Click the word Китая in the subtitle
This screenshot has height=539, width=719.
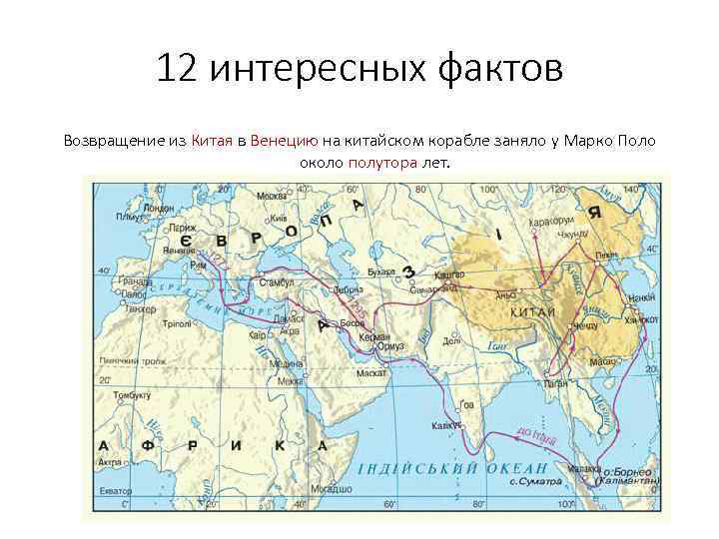(210, 141)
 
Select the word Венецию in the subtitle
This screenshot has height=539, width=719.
(285, 141)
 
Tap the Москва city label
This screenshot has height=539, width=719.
(271, 196)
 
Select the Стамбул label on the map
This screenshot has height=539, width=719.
(276, 283)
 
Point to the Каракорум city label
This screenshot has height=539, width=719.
(551, 221)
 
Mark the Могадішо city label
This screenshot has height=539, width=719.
(330, 489)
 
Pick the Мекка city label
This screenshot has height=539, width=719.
(290, 381)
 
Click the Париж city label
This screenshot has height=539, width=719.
(156, 229)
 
